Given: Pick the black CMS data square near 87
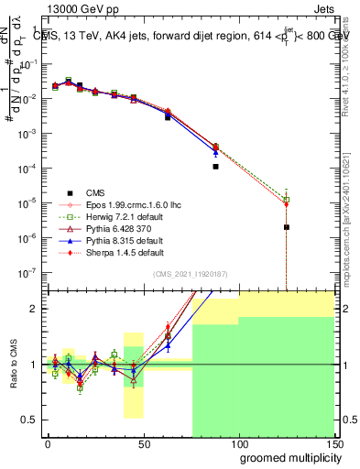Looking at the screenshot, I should [215, 167].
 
